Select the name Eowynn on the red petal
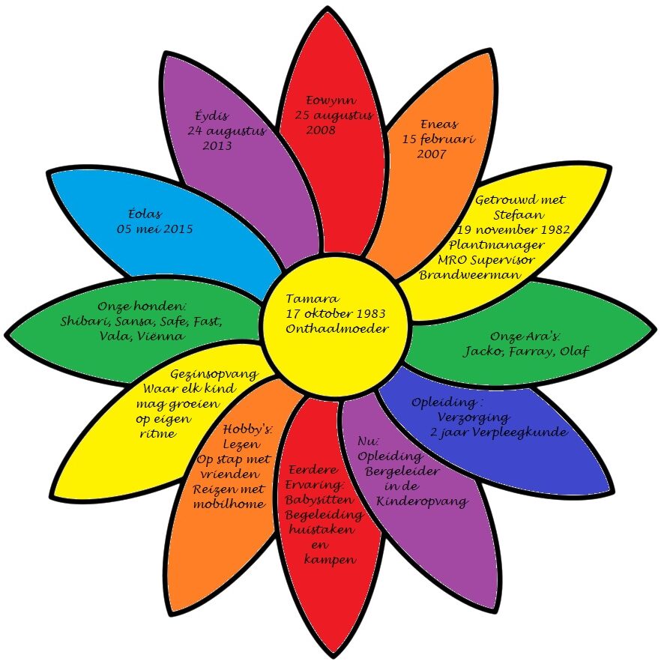331,100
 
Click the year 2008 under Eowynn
322,130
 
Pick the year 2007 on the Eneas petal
432,154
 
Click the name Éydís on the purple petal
211,116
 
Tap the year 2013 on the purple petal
217,145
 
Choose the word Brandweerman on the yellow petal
459,274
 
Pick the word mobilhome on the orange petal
232,504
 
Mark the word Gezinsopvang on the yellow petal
214,374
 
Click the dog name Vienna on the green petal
159,336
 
